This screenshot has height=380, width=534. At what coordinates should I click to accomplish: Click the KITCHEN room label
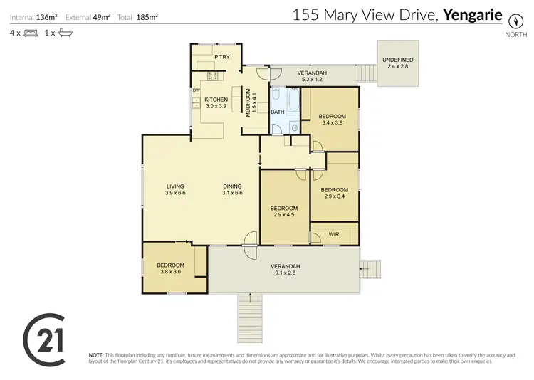tap(216, 100)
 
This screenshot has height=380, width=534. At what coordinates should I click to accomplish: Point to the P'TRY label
tap(221, 56)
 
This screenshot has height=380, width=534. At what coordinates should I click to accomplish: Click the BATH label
tap(278, 112)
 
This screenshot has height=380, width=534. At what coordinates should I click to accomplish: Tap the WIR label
tap(333, 234)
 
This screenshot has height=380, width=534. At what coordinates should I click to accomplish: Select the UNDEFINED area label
tap(397, 59)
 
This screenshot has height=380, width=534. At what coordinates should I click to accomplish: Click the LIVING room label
tap(175, 186)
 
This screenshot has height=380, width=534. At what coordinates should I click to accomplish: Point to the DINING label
tap(232, 186)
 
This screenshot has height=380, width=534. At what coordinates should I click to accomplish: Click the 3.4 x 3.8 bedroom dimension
tap(332, 122)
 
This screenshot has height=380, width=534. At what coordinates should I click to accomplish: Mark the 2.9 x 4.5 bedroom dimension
tap(283, 214)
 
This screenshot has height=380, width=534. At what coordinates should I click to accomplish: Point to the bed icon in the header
tap(31, 33)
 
